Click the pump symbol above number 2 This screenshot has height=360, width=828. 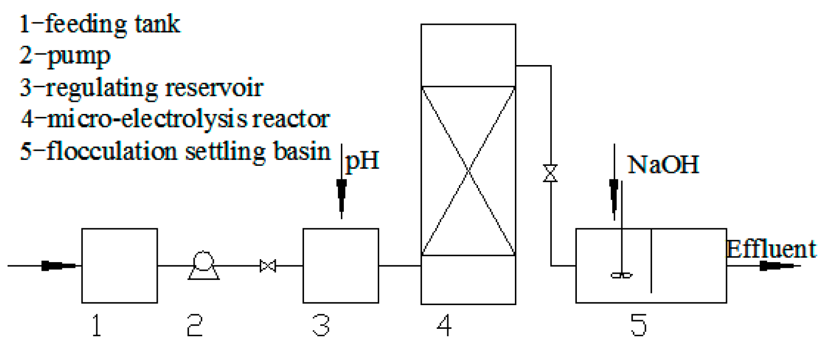coord(204,265)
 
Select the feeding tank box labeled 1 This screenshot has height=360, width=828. coord(120,266)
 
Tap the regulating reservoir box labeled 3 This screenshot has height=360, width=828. coord(340,266)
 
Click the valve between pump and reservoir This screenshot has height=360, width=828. coord(268,266)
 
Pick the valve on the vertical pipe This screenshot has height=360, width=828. coord(550,173)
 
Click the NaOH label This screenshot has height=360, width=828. coord(663,165)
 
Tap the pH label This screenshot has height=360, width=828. coord(362,161)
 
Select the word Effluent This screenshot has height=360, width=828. coord(771,249)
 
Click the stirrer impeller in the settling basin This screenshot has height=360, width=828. coord(621,275)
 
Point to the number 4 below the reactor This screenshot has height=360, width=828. coord(444,326)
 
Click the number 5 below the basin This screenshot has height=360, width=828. coord(638,326)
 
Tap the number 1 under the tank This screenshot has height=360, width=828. coord(96,326)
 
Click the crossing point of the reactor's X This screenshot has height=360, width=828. coord(468,171)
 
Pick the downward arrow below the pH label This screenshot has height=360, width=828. coord(341,194)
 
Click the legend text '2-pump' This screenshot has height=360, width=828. coord(65,56)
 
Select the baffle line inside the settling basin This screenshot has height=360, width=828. coord(651,261)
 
